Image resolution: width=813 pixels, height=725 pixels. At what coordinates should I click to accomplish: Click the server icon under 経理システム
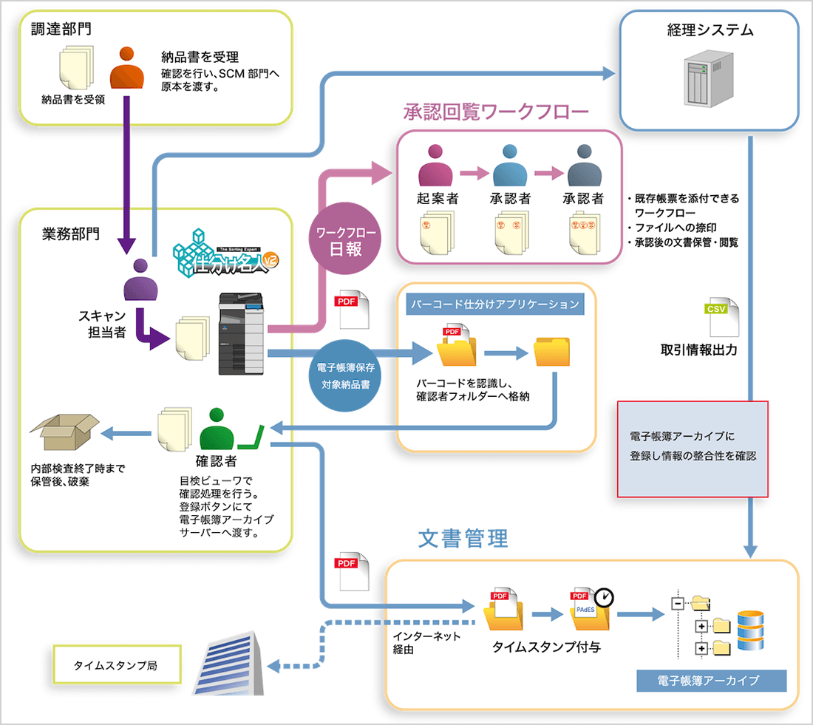[x=707, y=79]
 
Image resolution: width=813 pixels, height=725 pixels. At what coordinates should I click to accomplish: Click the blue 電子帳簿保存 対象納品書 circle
[x=346, y=375]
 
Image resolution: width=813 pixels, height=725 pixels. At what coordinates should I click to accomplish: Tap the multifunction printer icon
[x=241, y=335]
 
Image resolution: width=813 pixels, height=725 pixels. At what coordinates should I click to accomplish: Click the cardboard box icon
[x=64, y=434]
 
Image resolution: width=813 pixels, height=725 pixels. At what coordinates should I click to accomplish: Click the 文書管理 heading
[x=463, y=538]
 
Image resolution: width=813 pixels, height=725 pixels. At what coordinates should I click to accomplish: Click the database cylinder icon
[x=751, y=630]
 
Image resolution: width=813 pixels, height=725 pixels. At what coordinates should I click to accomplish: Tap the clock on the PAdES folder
[x=605, y=595]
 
